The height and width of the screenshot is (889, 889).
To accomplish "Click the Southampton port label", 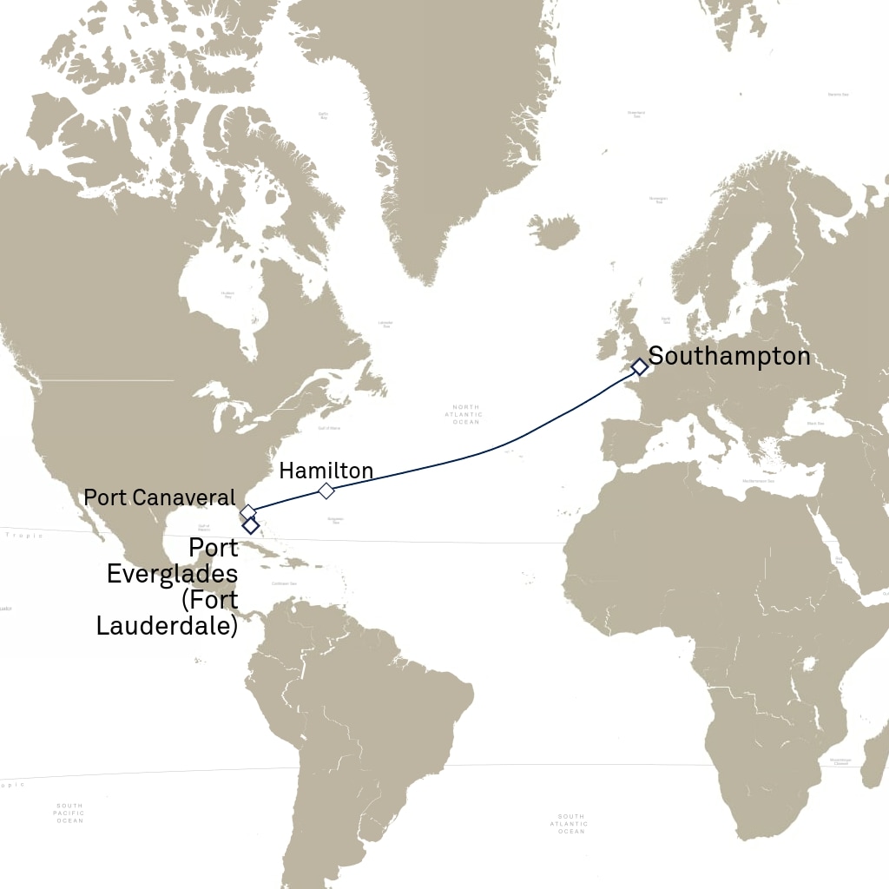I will (729, 356).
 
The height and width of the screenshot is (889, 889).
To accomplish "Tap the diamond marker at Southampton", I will (640, 367).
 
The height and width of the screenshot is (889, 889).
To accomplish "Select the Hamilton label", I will (326, 471).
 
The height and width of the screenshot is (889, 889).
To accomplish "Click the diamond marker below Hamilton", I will (326, 491).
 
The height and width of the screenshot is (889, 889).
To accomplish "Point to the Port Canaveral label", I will (159, 497).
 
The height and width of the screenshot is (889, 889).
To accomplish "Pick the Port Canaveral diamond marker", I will (247, 512).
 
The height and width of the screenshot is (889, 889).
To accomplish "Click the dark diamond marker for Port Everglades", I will (251, 525).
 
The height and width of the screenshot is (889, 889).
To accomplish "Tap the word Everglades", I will (172, 575).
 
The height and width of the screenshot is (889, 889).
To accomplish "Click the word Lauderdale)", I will (167, 625).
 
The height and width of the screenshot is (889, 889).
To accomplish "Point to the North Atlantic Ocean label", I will (466, 414).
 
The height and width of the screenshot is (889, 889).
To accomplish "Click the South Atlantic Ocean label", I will (571, 824).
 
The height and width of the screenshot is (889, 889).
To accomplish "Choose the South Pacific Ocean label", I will (69, 813).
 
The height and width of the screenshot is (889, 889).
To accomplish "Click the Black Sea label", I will (815, 423).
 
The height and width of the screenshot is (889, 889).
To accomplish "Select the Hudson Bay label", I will (227, 294).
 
